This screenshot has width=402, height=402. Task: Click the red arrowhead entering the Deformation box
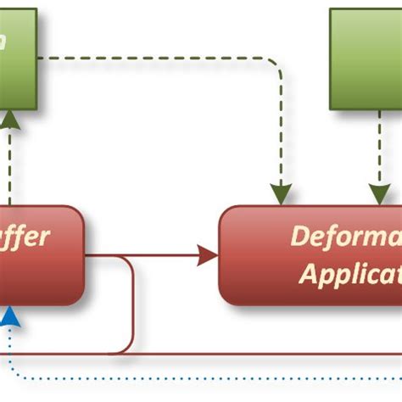click(207, 254)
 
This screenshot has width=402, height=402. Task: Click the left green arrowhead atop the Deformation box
click(281, 194)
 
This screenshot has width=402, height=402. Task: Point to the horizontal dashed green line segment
click(153, 59)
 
